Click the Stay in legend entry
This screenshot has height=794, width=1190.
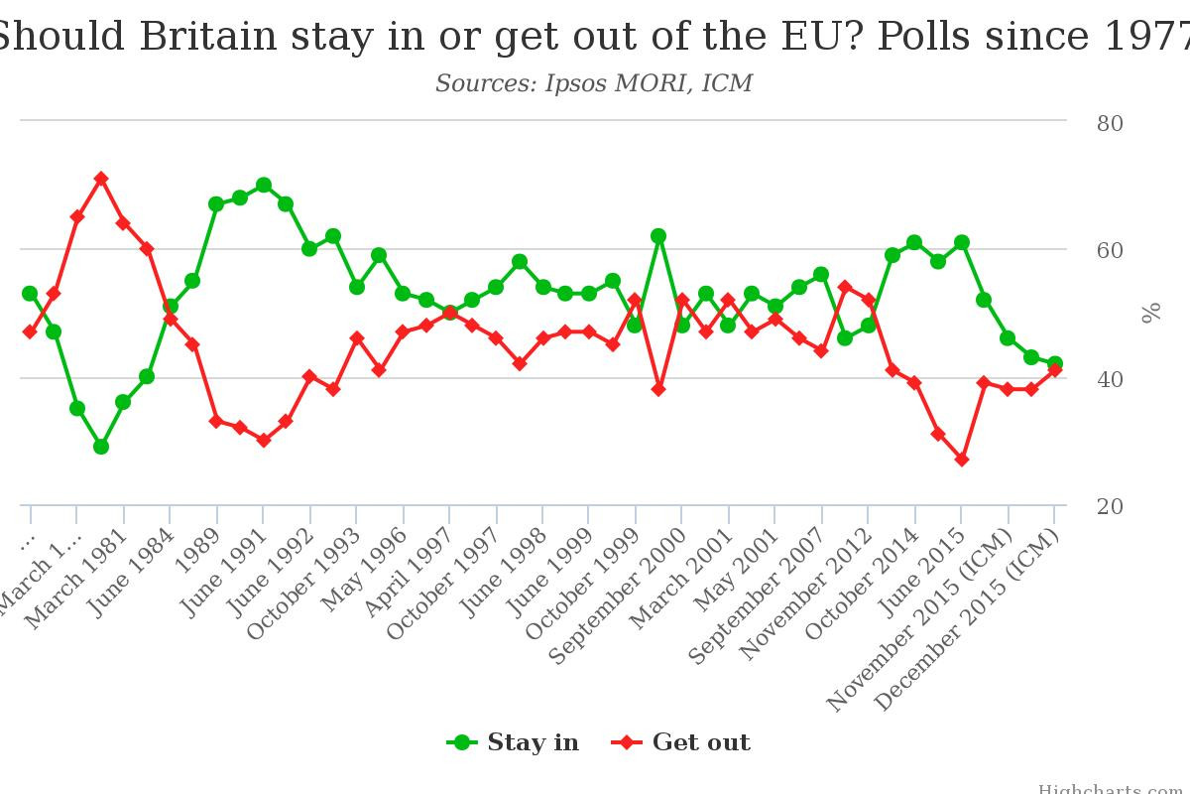[x=513, y=742]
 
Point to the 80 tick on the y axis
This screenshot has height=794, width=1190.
[x=1109, y=124]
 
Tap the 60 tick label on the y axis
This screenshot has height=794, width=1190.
[x=1109, y=251]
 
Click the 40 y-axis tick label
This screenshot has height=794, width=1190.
[x=1109, y=379]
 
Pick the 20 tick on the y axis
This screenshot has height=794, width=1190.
[x=1109, y=507]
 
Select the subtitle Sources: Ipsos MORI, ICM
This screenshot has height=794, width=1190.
[x=594, y=83]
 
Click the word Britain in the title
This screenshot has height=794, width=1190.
[x=208, y=37]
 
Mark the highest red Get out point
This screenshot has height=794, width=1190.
[x=100, y=179]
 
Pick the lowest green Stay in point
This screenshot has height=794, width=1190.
[x=100, y=447]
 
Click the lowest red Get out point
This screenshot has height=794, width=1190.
[x=961, y=460]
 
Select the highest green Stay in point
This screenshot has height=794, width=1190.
[x=263, y=185]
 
